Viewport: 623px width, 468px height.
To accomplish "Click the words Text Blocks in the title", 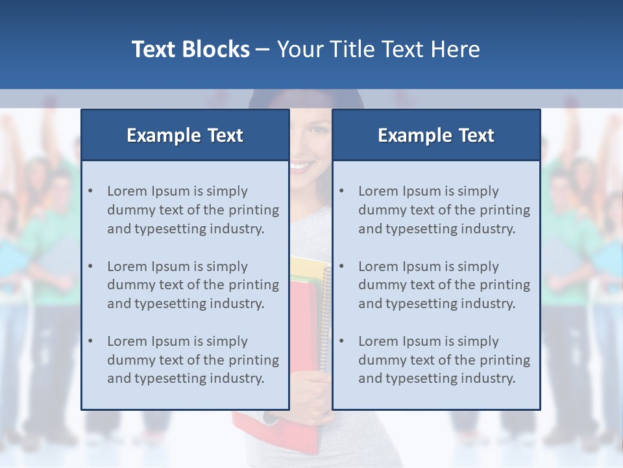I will [x=190, y=49].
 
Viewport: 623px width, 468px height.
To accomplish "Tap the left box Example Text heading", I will [x=184, y=135].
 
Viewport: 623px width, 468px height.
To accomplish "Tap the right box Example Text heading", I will [x=435, y=135].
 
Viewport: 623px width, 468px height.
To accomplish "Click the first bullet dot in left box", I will [x=90, y=191].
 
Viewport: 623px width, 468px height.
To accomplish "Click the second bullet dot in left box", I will [x=90, y=266].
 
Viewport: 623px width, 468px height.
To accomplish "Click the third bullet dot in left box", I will [x=90, y=341].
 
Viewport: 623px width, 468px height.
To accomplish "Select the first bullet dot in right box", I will [x=341, y=191].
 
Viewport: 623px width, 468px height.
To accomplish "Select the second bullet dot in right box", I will [x=341, y=266].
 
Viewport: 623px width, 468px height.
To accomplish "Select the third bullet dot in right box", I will [x=341, y=341].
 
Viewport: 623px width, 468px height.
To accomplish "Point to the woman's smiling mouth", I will [x=301, y=166].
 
